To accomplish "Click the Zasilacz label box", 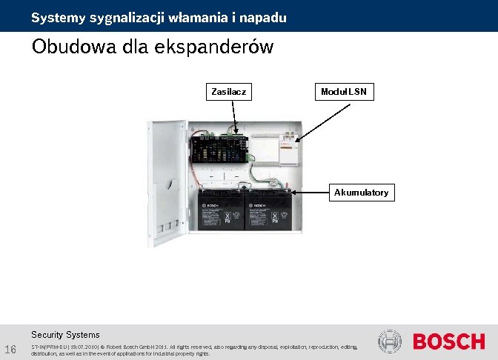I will (228, 92).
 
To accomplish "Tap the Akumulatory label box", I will (361, 193).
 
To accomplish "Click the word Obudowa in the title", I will (70, 47).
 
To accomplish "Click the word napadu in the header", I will (265, 17).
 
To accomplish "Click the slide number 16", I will (10, 349).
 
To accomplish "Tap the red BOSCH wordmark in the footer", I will (448, 341).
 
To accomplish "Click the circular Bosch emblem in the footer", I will (390, 341).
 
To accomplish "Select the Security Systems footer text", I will (65, 335).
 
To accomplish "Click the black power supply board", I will (223, 147).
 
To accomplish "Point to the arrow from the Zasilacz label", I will (235, 117).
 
